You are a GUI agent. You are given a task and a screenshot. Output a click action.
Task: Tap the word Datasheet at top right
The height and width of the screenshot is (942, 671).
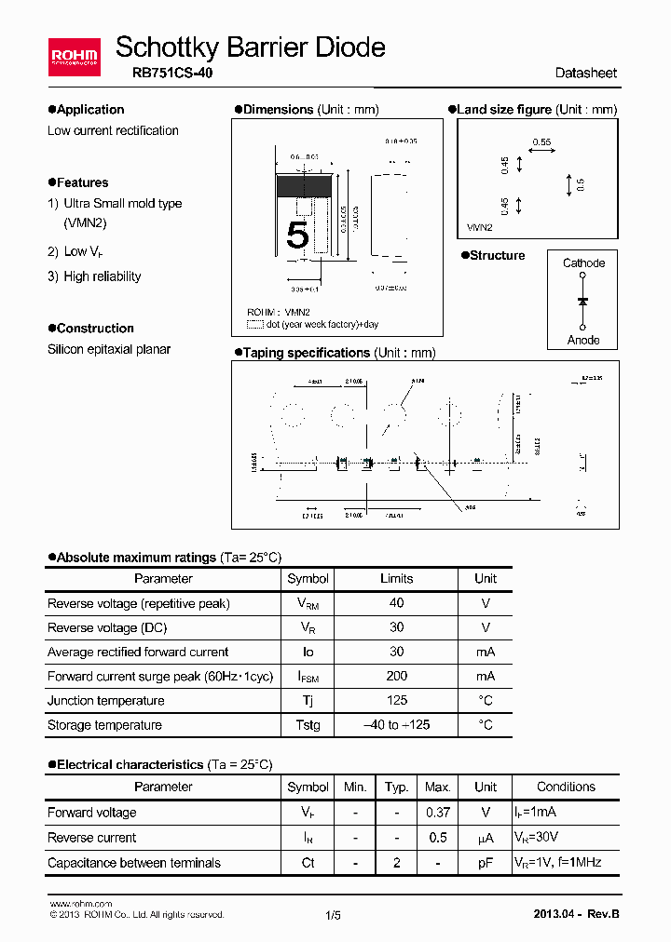point(585,74)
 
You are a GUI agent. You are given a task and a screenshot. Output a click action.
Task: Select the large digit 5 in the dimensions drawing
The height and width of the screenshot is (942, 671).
point(297,235)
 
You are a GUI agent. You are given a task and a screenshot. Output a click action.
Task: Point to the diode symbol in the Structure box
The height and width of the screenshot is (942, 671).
point(583,302)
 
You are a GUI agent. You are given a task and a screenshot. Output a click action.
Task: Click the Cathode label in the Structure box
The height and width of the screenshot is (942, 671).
point(583,263)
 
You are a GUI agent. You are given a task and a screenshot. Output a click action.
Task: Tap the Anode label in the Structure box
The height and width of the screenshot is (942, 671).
point(583,340)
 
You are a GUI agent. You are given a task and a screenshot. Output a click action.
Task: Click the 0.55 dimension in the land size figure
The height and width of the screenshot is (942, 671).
point(541,142)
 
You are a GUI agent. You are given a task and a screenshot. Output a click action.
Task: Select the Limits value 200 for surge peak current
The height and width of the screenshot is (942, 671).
point(396,677)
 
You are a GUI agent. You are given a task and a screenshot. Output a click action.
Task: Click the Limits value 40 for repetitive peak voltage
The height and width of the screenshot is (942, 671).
point(396,604)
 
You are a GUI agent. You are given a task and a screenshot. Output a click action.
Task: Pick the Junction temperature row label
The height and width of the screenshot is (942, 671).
point(105,701)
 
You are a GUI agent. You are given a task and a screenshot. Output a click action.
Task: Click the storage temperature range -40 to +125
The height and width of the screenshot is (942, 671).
point(396,725)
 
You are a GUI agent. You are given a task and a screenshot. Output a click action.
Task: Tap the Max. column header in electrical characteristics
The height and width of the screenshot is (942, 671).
point(438,787)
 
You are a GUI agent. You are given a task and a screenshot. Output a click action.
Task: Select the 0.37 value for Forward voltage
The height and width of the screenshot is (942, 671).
point(438,813)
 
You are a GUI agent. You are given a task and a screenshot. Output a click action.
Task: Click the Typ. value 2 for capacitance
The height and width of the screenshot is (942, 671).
point(397,863)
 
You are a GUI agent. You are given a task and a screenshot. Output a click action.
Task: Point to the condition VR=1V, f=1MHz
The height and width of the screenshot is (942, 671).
point(557,863)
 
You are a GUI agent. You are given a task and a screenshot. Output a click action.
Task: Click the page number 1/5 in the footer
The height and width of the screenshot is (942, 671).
point(334,915)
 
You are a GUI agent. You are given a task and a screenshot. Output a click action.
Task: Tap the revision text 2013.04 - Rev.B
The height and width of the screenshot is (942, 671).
point(575,914)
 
